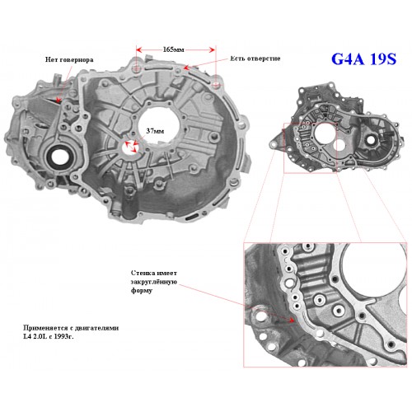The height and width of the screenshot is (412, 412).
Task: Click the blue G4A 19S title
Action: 363,59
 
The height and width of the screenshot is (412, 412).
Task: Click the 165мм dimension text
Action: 173,49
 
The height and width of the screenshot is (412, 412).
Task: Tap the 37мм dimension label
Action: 155,131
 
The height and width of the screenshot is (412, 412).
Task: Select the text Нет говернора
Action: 69,59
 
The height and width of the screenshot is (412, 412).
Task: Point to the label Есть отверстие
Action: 255,59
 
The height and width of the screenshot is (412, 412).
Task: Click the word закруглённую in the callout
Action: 154,282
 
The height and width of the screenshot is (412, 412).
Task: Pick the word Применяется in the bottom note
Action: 44,328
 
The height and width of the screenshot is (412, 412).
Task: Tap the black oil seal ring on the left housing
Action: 59,156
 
